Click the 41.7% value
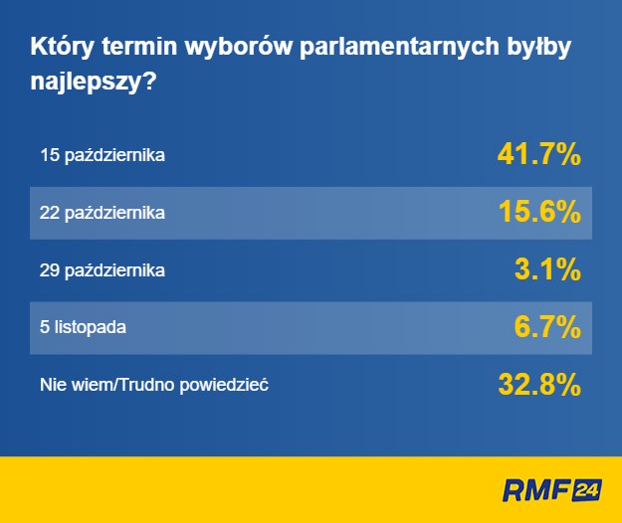(x=538, y=155)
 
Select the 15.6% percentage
(x=538, y=212)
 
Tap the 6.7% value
(x=547, y=326)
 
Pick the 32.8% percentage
(x=538, y=384)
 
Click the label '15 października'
(x=103, y=156)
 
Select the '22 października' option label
(x=103, y=213)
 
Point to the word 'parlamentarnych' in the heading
(x=377, y=49)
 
